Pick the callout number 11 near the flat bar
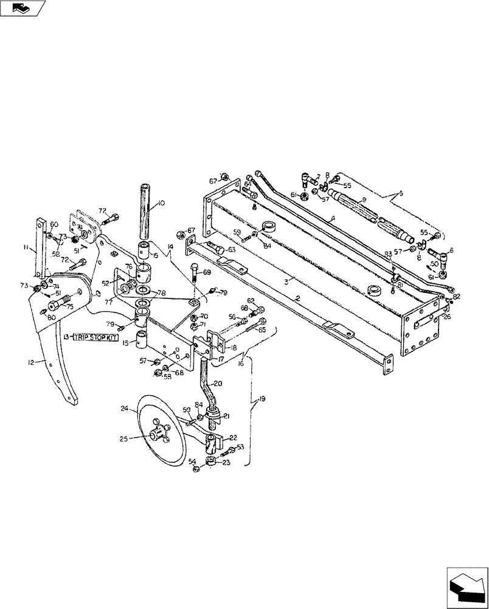tap(27, 248)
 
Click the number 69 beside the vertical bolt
tap(207, 273)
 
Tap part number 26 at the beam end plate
tap(448, 315)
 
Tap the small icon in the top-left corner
tap(23, 8)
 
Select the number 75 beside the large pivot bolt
tap(69, 307)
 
